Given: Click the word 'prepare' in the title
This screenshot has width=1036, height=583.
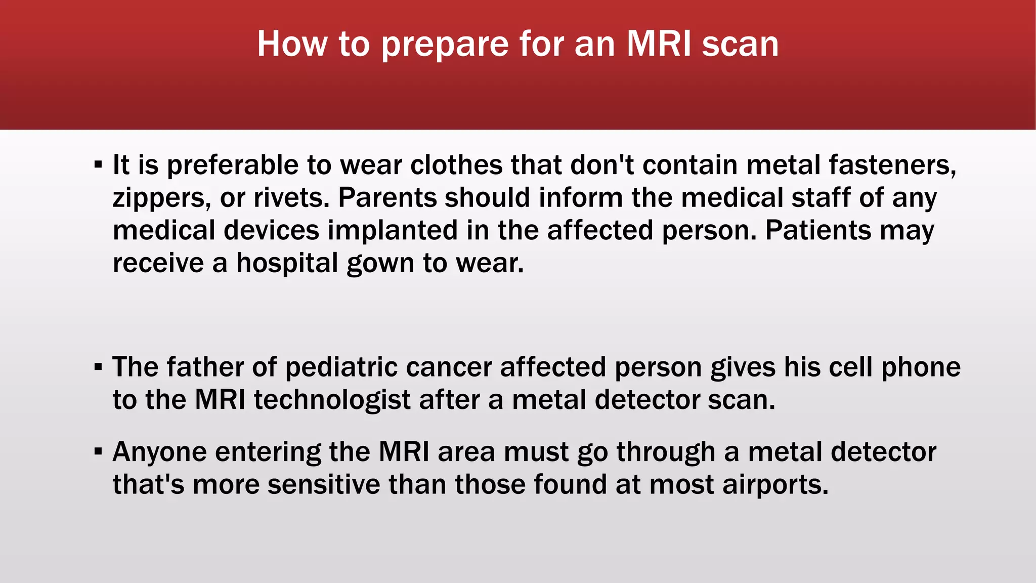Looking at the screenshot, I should pos(444,45).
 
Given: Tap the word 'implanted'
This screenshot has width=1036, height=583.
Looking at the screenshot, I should pos(393,231).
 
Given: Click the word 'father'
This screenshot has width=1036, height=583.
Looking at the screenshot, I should pos(205,367).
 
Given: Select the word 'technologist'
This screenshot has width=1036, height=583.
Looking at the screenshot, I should pos(332,400).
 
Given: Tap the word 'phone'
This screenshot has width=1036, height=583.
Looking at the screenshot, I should pos(921,367).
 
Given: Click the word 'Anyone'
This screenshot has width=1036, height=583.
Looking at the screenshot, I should pos(159,452).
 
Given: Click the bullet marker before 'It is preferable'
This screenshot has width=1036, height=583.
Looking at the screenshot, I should pos(98,164).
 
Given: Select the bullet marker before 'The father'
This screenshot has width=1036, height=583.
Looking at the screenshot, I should pos(98,366).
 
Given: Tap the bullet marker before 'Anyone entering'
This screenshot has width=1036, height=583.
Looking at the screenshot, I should pos(98,451).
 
